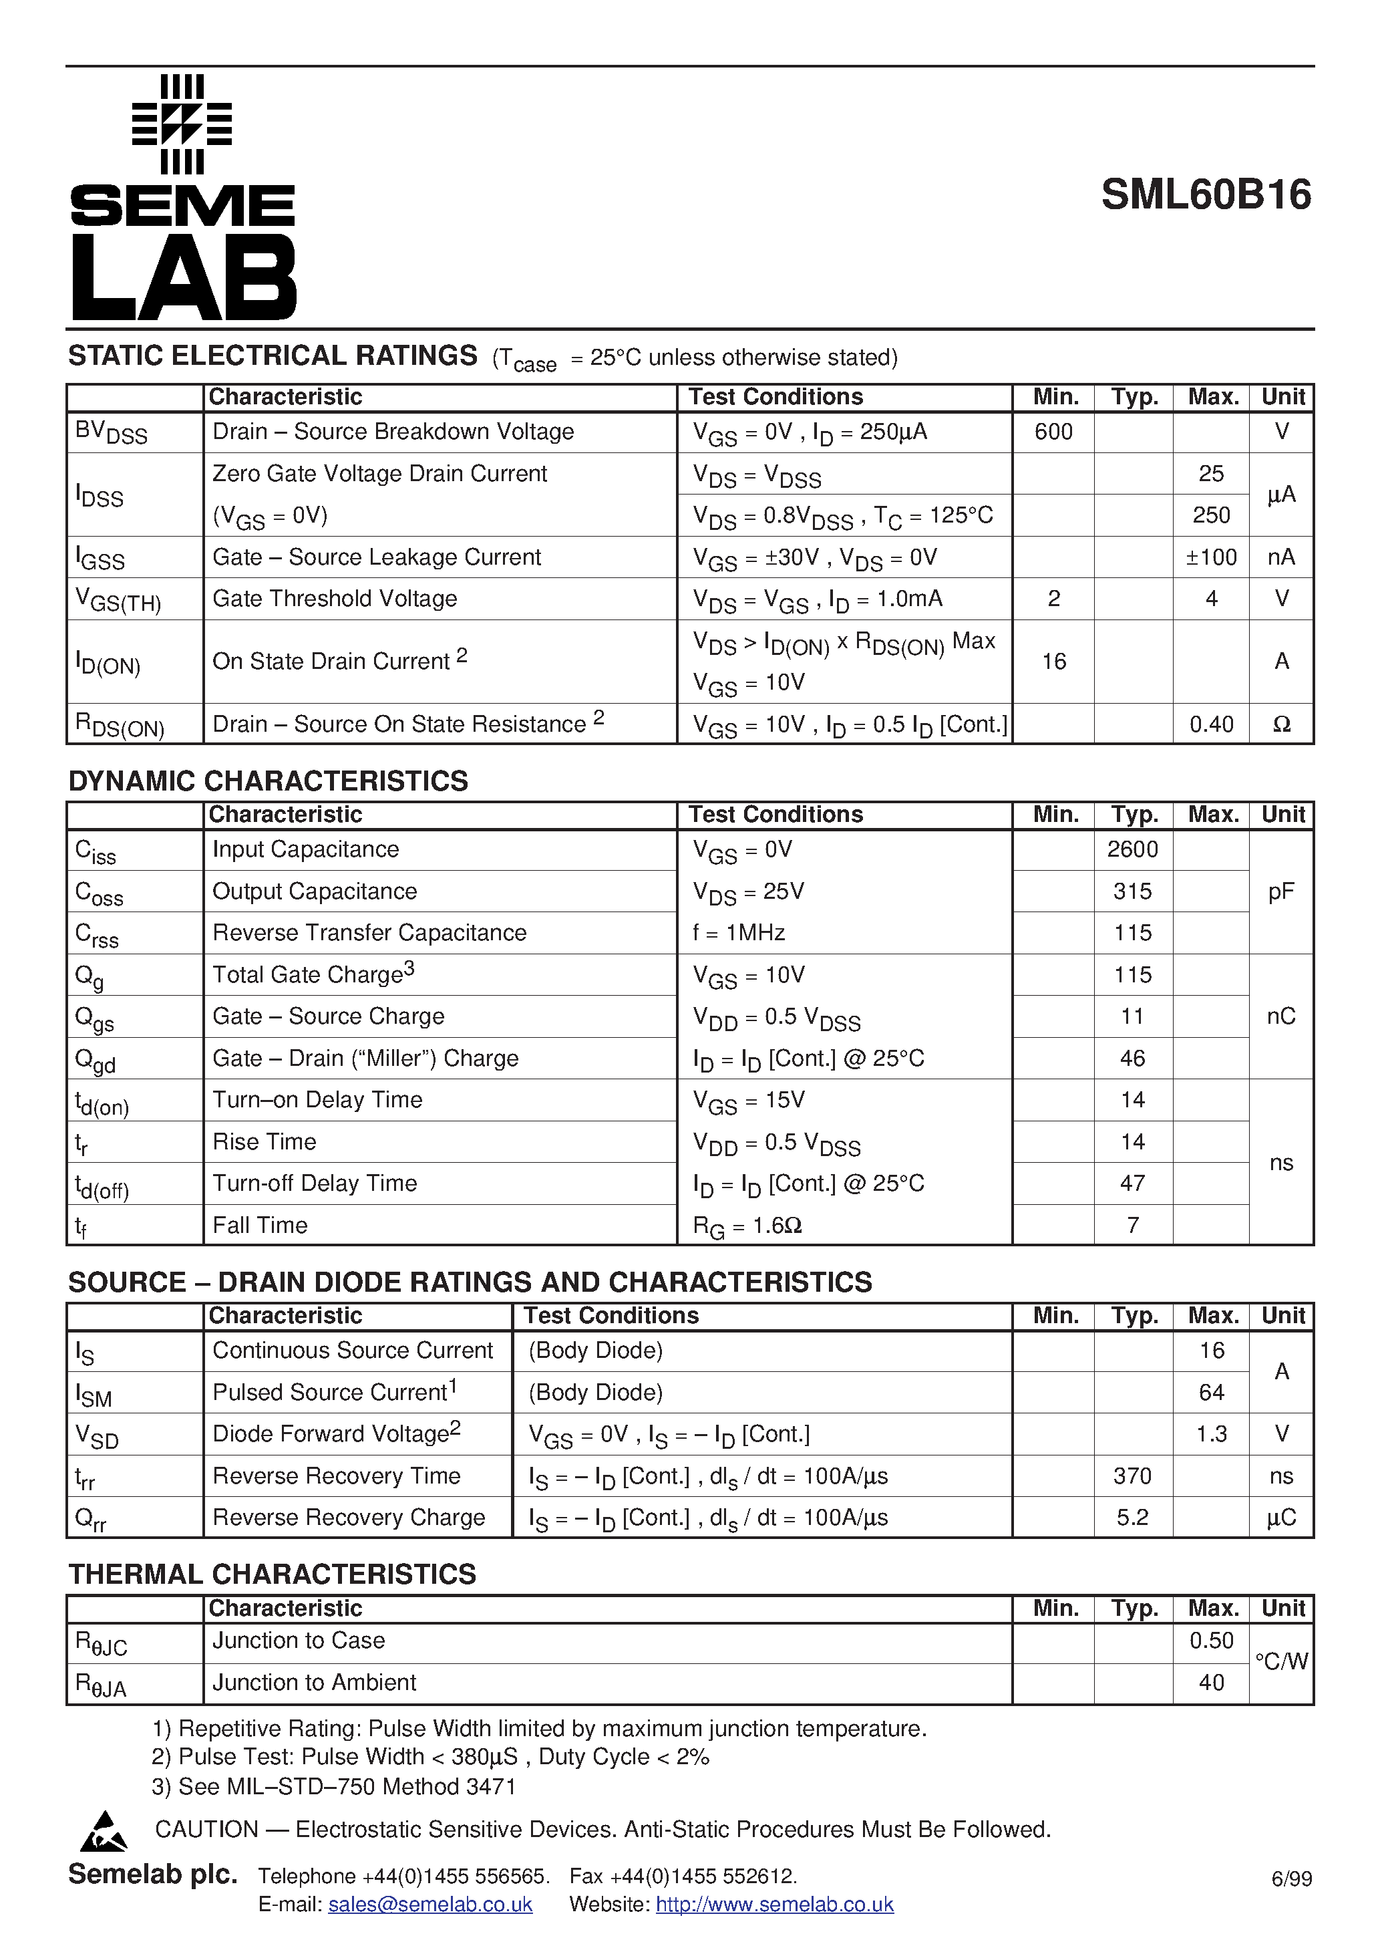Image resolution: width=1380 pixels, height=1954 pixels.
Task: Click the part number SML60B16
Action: pos(1206,195)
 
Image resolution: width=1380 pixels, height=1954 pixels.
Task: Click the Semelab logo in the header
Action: pos(182,197)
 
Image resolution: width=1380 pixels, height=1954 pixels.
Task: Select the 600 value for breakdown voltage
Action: pos(1053,432)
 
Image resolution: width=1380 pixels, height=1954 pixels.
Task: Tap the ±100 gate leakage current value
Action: pos(1211,557)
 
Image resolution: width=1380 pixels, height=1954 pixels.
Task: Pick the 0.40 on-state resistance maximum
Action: pos(1211,724)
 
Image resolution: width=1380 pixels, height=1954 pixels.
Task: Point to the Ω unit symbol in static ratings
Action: pos(1281,724)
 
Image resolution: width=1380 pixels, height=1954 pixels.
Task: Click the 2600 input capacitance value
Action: pos(1132,849)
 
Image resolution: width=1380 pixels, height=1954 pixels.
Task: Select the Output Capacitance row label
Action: pos(314,891)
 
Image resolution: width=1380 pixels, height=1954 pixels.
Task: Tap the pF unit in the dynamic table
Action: pos(1281,891)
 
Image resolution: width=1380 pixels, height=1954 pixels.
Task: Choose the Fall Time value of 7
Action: pos(1132,1226)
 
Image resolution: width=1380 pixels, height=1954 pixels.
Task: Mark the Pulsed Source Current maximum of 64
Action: pos(1211,1392)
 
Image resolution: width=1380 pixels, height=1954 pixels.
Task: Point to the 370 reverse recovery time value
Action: pos(1132,1476)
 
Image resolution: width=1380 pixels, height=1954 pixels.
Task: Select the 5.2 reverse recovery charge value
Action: pos(1132,1518)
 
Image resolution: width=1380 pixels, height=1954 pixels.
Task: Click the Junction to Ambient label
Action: pos(314,1683)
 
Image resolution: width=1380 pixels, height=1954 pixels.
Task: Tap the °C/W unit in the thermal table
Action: pos(1281,1661)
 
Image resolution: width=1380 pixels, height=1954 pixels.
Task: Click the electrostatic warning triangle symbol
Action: pos(103,1832)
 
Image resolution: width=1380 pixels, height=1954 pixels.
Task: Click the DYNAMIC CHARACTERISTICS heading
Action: pos(268,781)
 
